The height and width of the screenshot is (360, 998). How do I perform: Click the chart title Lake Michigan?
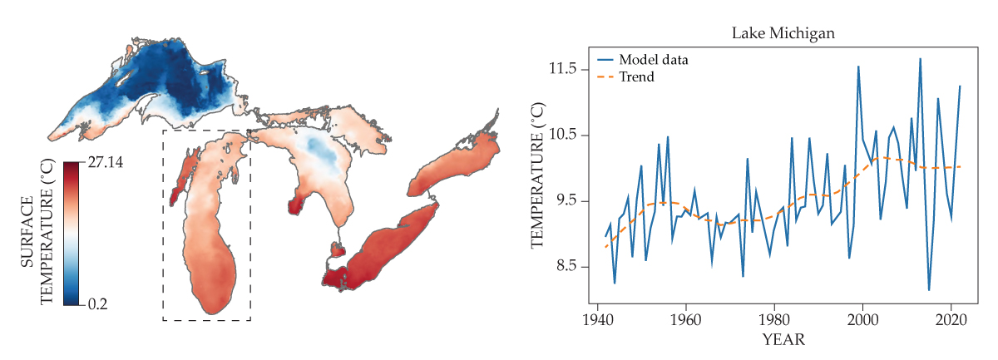coord(783,34)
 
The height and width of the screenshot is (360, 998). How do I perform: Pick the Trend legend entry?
coord(636,76)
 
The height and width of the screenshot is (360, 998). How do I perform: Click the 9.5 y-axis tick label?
coord(564,201)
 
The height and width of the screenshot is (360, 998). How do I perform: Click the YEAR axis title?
coord(783,340)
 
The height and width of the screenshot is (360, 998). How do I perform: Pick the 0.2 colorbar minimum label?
coord(99,304)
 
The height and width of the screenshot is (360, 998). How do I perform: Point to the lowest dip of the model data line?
coord(929,290)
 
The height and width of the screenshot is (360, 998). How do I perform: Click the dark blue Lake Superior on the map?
coord(166,79)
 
